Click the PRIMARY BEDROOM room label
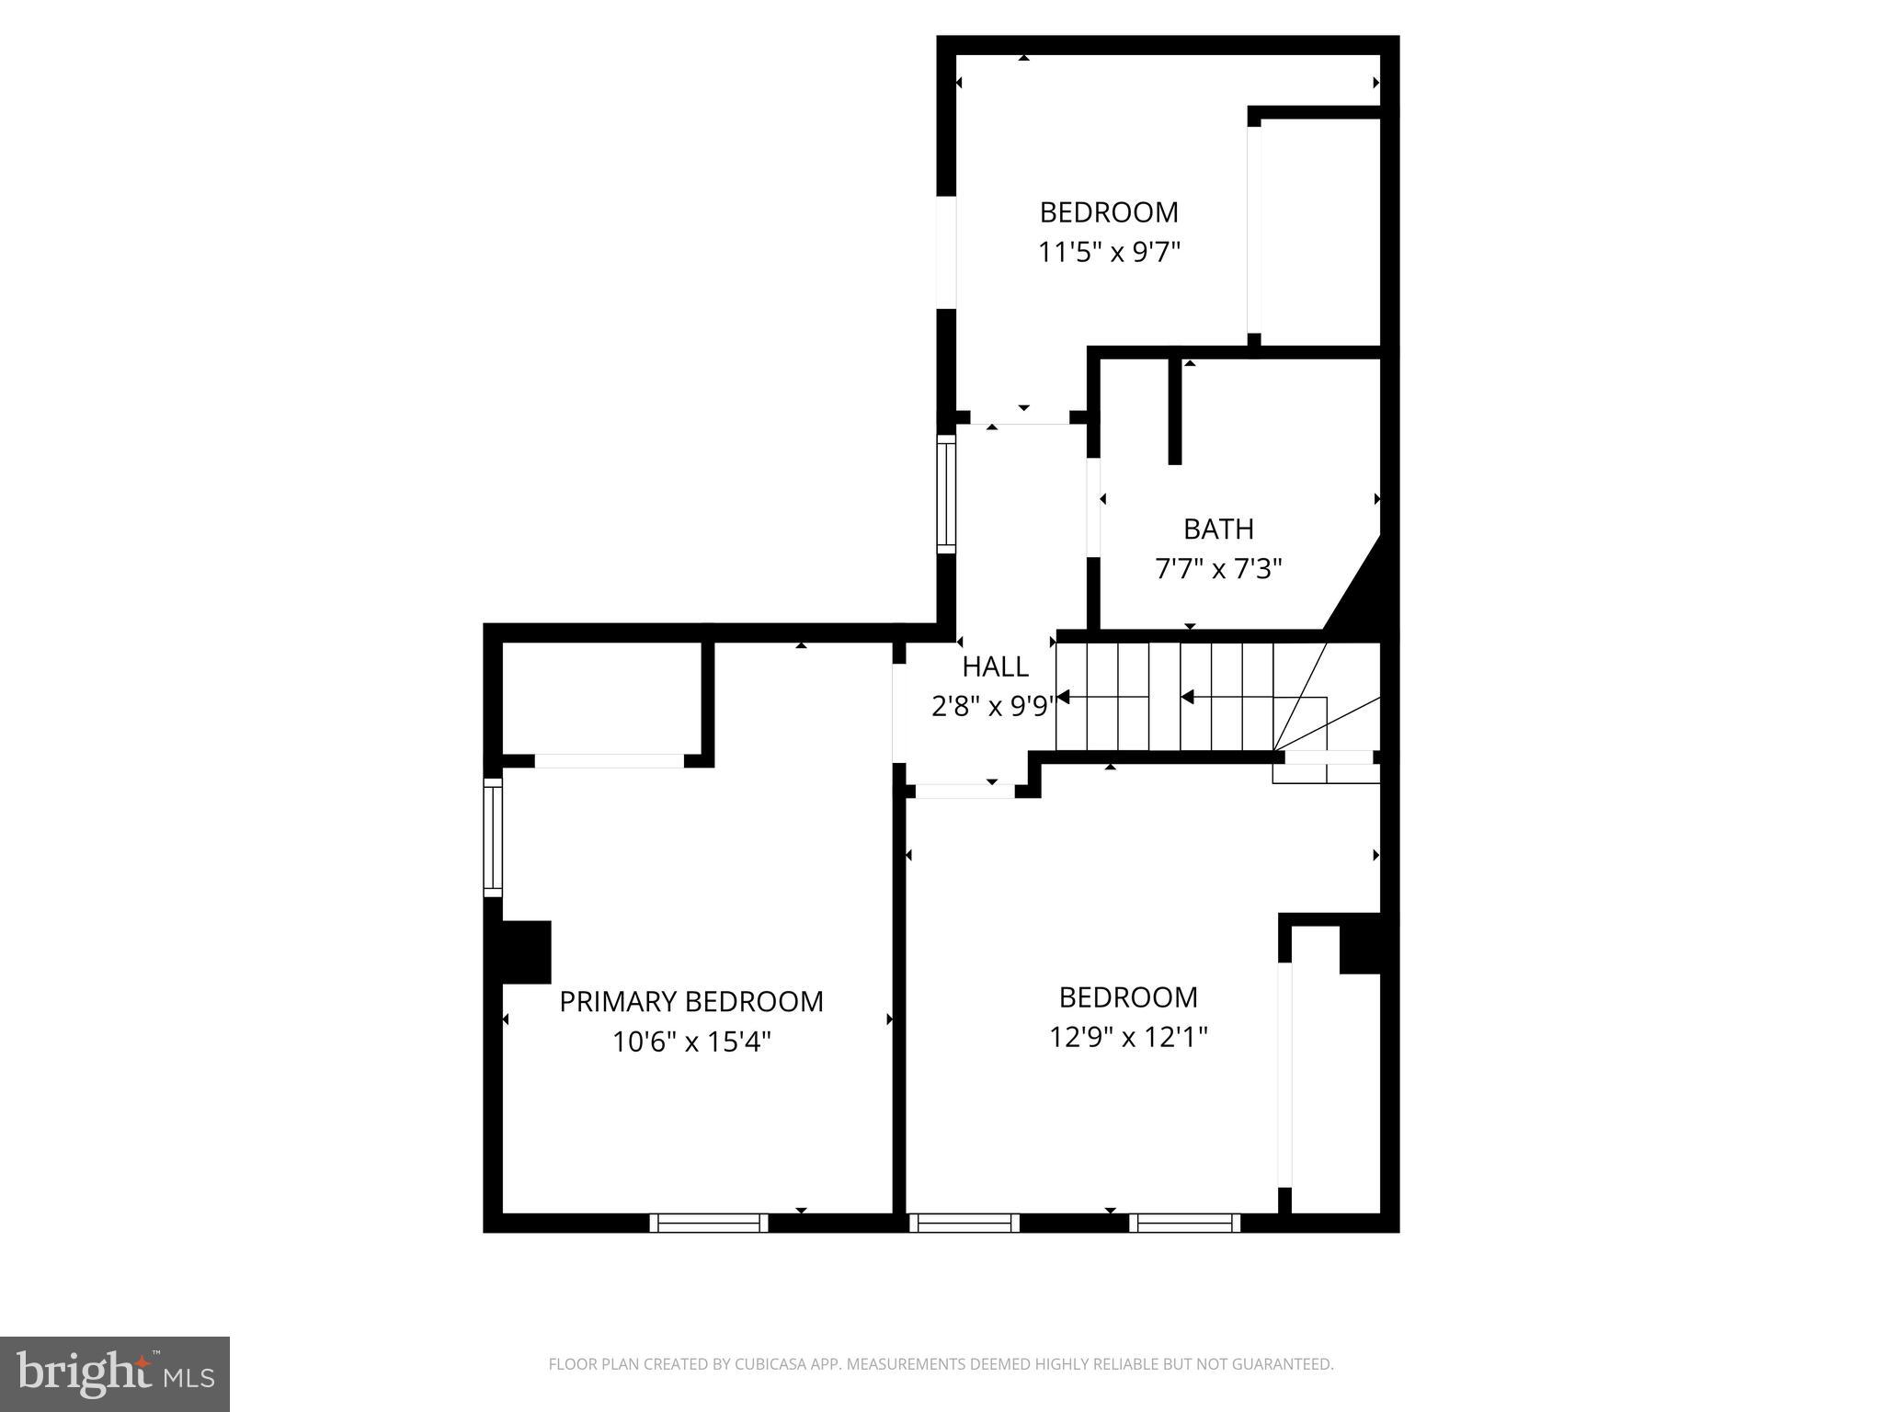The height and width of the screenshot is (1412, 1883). point(690,1001)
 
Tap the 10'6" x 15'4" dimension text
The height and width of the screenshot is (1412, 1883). point(690,1042)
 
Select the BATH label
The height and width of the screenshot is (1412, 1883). point(1218,529)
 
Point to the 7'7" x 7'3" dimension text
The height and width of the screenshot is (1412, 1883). point(1218,569)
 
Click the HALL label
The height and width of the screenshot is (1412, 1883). point(995,666)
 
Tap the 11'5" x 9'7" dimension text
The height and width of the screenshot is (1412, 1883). point(1109,252)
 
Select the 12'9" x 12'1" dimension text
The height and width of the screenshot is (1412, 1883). point(1128,1037)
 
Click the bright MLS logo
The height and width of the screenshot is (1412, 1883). point(115,1373)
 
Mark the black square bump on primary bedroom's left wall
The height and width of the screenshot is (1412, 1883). point(525,951)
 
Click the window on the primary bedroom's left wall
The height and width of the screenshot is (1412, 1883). point(494,837)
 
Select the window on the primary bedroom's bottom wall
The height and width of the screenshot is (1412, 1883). point(709,1223)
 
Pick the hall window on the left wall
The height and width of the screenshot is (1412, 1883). point(946,494)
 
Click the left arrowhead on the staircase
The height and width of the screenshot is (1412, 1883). point(1064,697)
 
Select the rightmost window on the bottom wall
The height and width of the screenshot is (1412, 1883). point(1184,1223)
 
